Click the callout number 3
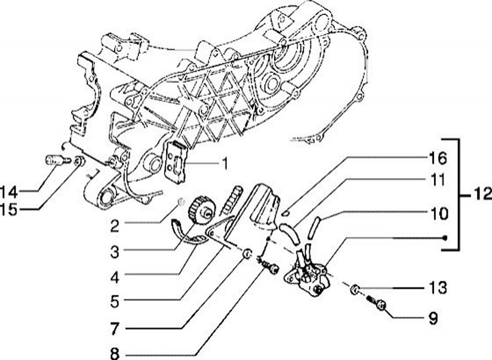[116, 251]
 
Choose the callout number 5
[116, 300]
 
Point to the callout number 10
[438, 214]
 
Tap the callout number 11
[438, 180]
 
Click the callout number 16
[438, 159]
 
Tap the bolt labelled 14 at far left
[53, 161]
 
